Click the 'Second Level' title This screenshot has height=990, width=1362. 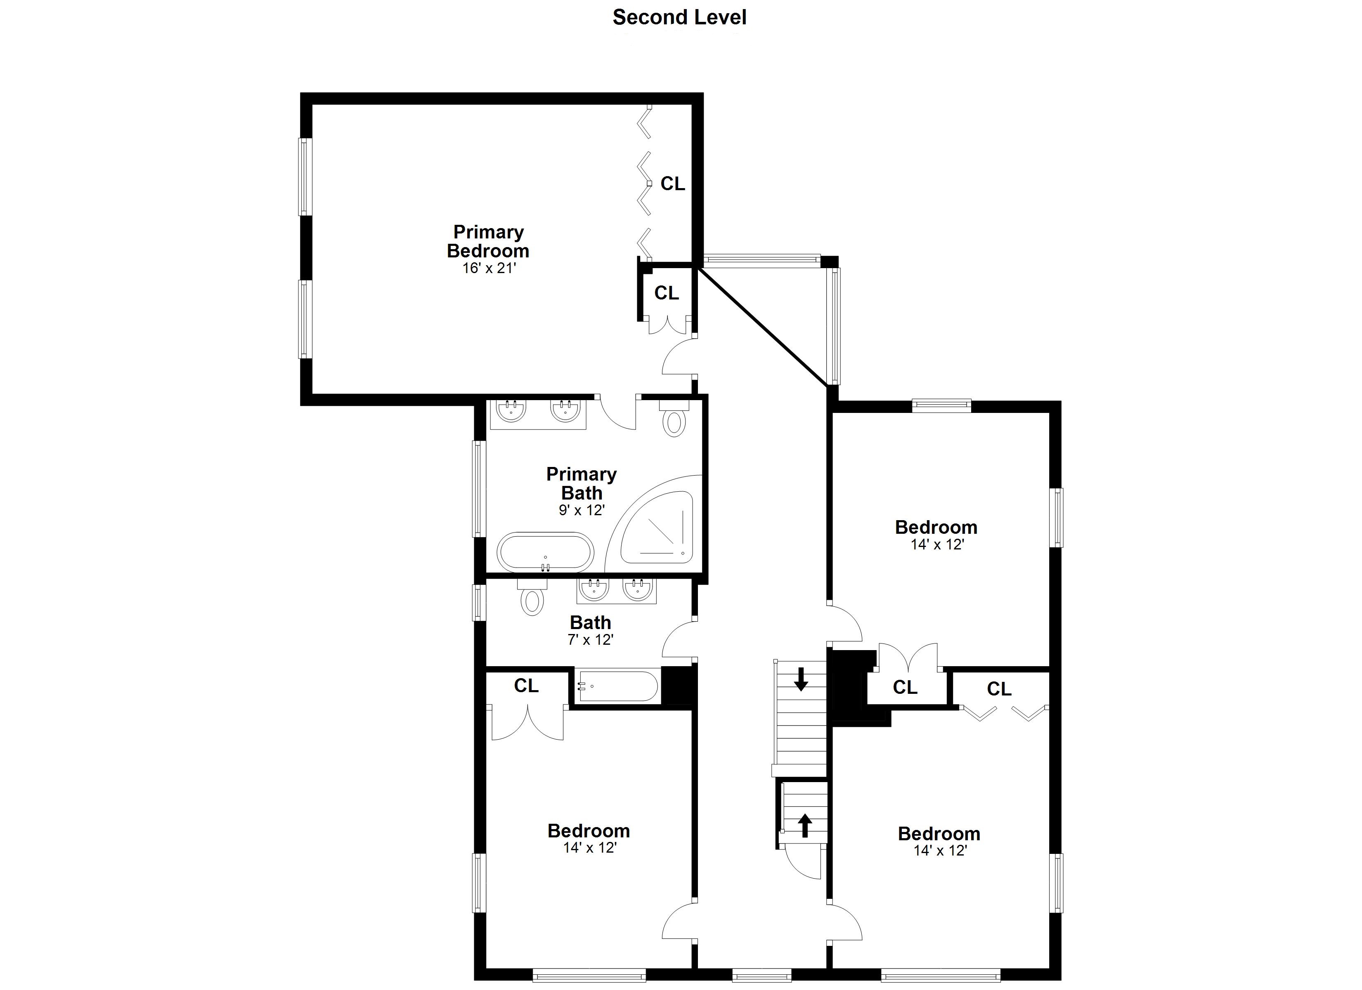[679, 17]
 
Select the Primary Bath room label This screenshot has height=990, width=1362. [581, 483]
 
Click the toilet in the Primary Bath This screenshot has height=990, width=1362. [674, 418]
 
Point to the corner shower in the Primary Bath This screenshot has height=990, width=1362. [657, 527]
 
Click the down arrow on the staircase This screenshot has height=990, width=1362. [801, 679]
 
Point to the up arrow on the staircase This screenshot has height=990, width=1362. [805, 825]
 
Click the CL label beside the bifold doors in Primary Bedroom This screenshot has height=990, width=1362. [673, 184]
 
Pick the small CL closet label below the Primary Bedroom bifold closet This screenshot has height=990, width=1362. [667, 293]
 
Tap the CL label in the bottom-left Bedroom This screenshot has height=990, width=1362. [526, 686]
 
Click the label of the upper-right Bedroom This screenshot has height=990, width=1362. [936, 527]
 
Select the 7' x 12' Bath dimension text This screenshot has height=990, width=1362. [590, 640]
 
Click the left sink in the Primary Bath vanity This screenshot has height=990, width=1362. [511, 411]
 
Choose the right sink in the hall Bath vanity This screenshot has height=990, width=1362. [638, 589]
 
